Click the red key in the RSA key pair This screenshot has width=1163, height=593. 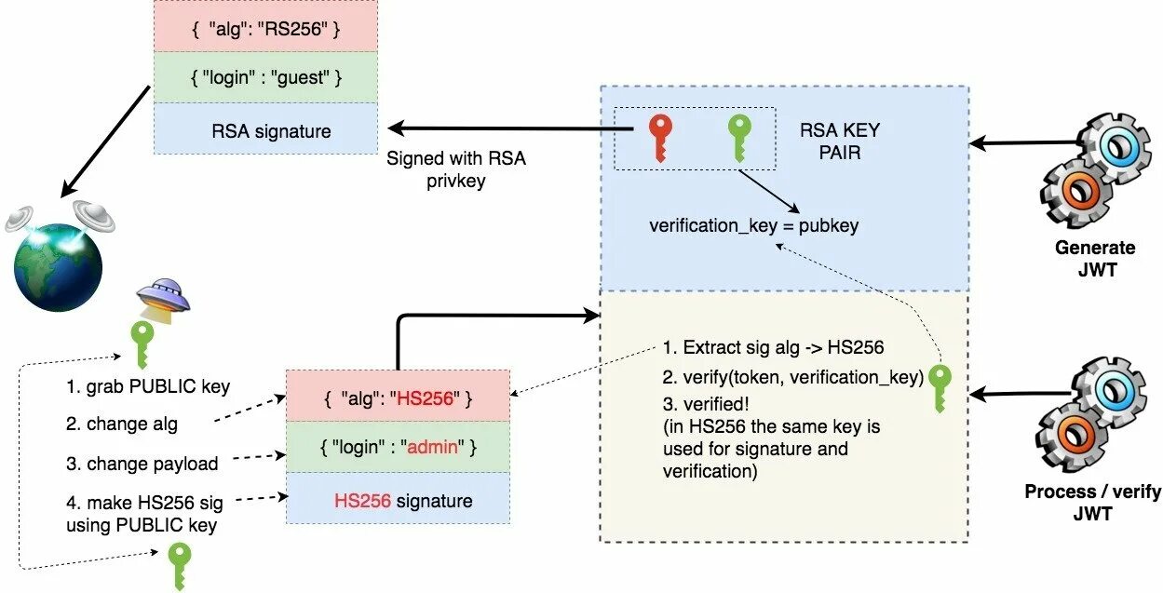(x=660, y=137)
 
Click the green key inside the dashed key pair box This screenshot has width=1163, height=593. (x=738, y=137)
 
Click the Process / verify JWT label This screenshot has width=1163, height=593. (x=1092, y=503)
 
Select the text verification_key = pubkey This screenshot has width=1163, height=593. (x=753, y=225)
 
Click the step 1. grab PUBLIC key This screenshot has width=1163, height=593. (x=147, y=386)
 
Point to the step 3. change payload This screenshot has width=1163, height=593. (x=142, y=464)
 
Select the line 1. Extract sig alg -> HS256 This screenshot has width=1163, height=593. (x=773, y=348)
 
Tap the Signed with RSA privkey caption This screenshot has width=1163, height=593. (x=455, y=170)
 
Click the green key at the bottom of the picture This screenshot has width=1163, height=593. (x=178, y=563)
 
